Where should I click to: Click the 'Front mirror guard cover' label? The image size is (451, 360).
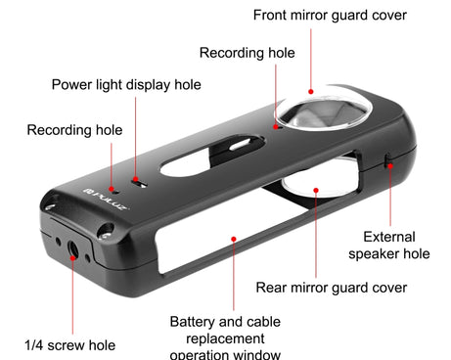tap(329, 15)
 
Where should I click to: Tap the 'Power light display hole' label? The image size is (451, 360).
tap(126, 85)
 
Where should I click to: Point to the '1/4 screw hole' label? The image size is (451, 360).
tap(69, 344)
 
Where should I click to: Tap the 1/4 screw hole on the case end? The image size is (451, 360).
tap(73, 249)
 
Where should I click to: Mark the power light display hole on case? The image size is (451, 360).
tap(139, 182)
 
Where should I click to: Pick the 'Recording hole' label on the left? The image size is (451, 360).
tap(74, 130)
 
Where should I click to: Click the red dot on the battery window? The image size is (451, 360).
tap(232, 237)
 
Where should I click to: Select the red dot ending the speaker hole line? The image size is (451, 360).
tap(389, 167)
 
